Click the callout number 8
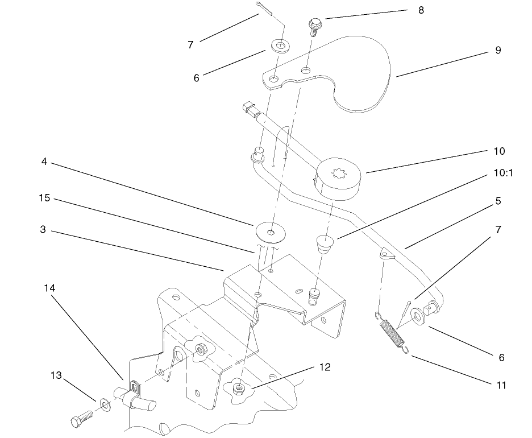coord(421,10)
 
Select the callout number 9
coord(498,50)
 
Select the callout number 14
coord(49,288)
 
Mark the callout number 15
coord(44,198)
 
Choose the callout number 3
coord(43,230)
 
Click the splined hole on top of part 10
coord(338,170)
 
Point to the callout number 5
coord(498,201)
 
